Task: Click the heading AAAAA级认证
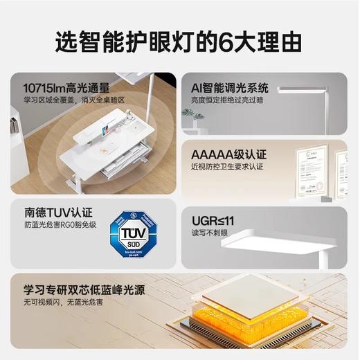228,154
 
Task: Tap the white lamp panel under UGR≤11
284,240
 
